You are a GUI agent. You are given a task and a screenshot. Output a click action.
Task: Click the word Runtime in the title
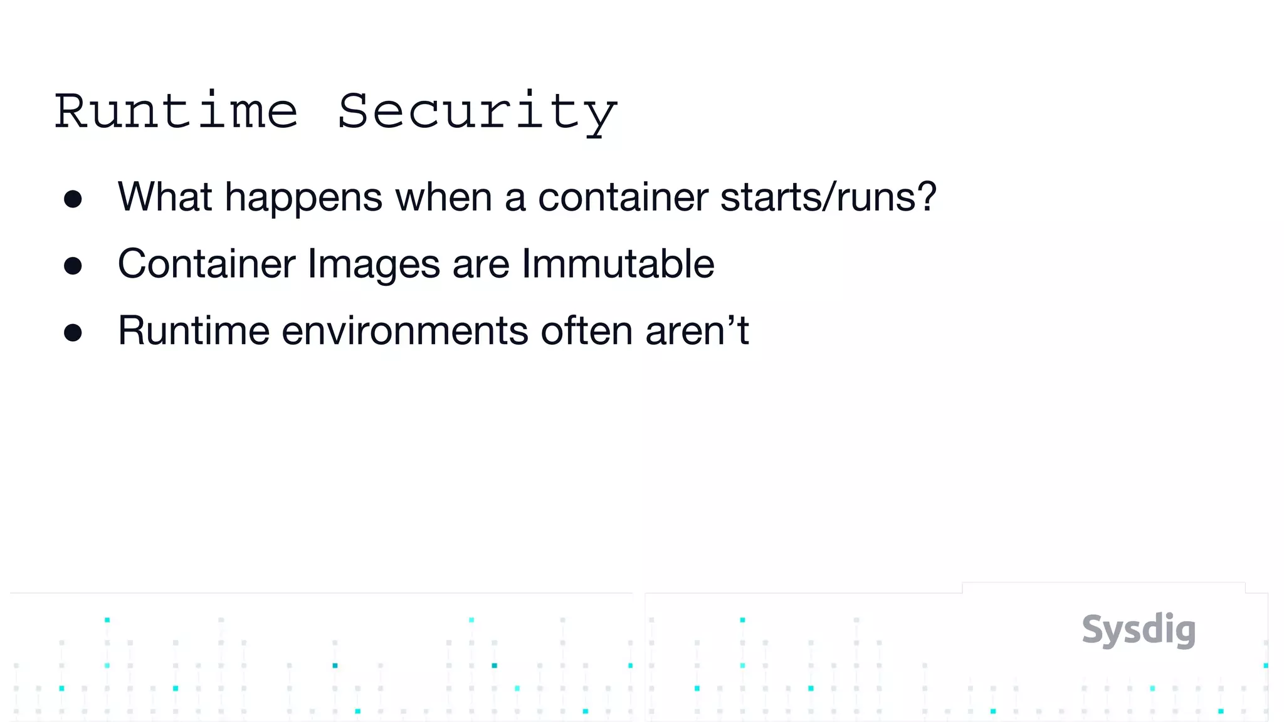click(176, 112)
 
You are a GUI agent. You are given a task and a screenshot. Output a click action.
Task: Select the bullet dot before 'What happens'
click(73, 199)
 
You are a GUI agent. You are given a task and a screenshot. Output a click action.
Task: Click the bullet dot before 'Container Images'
click(73, 266)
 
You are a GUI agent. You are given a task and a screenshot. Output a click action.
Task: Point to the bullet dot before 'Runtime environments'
click(73, 333)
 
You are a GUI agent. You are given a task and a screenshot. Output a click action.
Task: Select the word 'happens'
click(303, 198)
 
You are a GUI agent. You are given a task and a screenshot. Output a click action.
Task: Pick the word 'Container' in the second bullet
click(206, 263)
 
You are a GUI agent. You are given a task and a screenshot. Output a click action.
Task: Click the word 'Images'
click(374, 264)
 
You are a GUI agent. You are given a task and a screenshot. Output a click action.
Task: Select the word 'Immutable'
click(618, 263)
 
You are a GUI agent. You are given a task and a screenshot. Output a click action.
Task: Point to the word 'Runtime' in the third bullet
click(194, 330)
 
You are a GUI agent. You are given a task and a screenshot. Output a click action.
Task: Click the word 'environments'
click(405, 330)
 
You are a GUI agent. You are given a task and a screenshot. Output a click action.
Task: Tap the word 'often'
click(587, 330)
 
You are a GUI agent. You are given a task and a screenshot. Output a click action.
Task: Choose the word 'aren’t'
click(697, 330)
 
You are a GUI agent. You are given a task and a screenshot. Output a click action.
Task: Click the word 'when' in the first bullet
click(443, 197)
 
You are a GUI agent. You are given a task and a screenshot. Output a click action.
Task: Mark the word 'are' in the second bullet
click(481, 264)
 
